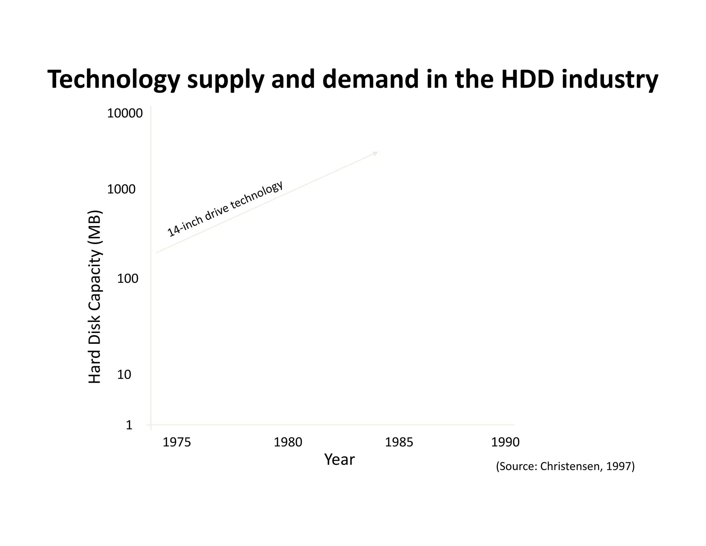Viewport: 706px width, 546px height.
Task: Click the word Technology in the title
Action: pos(114,79)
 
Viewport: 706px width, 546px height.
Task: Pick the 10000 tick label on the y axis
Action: pos(125,114)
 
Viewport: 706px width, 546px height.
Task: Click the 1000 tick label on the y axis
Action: pos(121,189)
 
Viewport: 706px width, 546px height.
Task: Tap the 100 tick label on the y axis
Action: pos(128,279)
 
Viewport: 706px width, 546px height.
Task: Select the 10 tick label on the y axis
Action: pos(124,374)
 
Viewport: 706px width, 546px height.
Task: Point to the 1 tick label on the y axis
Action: pos(129,425)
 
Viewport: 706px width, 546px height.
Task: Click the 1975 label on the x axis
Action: pos(176,442)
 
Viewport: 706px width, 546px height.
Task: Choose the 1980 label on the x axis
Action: pos(288,442)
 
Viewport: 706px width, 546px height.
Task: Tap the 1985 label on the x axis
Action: pos(399,442)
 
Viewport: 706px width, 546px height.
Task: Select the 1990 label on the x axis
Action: pos(505,442)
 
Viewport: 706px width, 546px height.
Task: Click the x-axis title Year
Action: pos(339,460)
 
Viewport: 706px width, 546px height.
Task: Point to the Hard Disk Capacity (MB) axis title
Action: pos(95,297)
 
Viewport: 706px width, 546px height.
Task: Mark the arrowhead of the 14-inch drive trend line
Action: pos(376,153)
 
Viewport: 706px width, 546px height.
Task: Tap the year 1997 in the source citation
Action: pos(619,467)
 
